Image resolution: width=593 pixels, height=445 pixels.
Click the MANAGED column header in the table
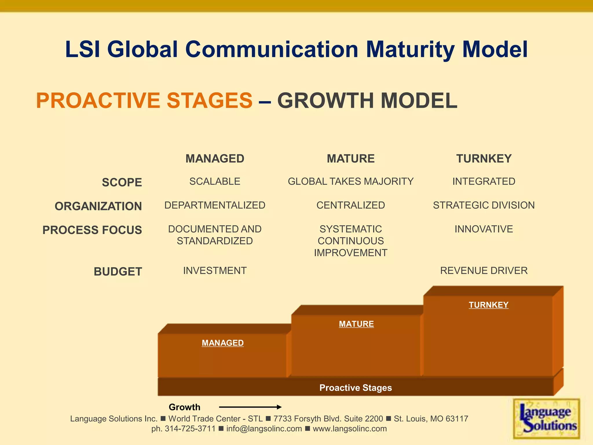[x=215, y=159]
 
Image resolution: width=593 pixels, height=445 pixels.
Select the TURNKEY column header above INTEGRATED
[x=484, y=159]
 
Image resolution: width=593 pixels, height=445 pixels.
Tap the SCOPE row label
[x=122, y=183]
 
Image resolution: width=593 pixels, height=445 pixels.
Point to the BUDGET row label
[x=118, y=272]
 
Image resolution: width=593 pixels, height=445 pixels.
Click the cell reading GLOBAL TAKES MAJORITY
[x=351, y=181]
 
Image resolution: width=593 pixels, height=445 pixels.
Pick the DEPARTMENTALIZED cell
[x=215, y=205]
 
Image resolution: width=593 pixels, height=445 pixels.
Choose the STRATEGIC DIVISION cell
[x=484, y=205]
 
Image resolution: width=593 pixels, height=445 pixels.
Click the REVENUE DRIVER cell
[x=484, y=271]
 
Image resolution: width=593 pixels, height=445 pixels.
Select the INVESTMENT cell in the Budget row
[x=215, y=271]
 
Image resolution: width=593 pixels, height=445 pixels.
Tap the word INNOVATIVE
[x=484, y=229]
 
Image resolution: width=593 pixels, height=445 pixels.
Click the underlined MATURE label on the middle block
[x=356, y=324]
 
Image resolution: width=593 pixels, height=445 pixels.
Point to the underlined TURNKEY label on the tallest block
[x=488, y=305]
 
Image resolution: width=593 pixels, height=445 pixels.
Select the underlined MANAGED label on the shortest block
[x=223, y=343]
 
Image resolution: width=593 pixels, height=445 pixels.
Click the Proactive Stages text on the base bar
[x=356, y=388]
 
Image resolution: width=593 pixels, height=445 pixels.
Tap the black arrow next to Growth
[x=250, y=407]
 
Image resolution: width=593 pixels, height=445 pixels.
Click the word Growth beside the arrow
[x=184, y=407]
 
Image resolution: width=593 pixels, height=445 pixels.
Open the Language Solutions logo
[x=546, y=419]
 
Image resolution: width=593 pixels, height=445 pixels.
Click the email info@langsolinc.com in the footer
[x=264, y=429]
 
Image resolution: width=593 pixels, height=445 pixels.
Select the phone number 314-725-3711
[x=190, y=429]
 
